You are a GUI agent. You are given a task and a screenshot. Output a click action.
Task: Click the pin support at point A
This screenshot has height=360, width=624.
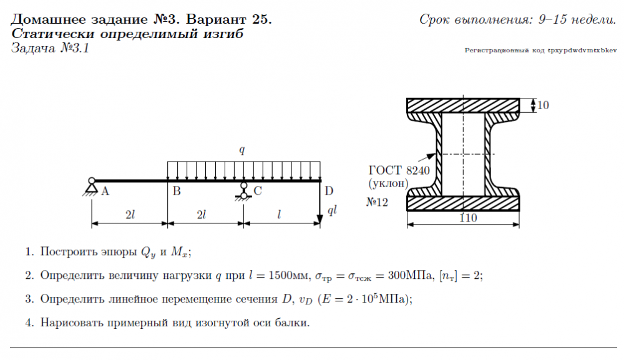click(x=92, y=186)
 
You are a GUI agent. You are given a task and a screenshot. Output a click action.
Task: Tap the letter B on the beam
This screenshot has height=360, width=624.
click(x=177, y=192)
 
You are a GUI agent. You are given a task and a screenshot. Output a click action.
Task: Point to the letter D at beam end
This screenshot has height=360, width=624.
click(x=329, y=191)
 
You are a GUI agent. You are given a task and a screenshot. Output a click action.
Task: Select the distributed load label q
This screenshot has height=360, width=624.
click(x=243, y=150)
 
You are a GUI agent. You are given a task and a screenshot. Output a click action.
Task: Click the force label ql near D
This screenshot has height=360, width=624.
click(x=332, y=210)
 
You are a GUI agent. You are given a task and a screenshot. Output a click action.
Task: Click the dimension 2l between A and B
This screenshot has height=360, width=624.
click(x=130, y=215)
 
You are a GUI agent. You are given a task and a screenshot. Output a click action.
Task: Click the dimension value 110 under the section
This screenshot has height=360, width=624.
click(x=468, y=218)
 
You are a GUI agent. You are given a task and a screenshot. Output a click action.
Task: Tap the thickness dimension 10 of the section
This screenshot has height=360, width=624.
click(x=543, y=105)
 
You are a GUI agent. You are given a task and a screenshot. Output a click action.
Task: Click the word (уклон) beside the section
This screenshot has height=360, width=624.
click(x=388, y=183)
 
